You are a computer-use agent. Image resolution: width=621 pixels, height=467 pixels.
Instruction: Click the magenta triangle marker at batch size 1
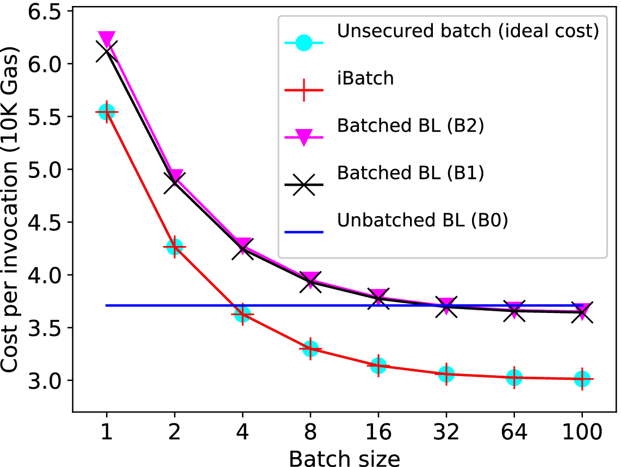[107, 39]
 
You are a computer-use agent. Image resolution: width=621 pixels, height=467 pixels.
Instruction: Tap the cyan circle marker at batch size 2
[175, 247]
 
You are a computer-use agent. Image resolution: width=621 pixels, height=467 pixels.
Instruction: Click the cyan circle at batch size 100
[582, 378]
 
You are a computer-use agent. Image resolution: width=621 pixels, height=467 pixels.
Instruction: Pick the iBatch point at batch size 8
[310, 348]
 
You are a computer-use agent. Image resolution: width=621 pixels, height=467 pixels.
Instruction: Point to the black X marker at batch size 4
[242, 250]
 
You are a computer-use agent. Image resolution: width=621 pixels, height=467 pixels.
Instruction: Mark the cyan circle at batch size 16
[378, 366]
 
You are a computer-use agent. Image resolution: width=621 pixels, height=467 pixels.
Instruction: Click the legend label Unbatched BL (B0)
[422, 221]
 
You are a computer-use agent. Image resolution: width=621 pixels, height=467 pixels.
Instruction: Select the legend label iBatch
[365, 78]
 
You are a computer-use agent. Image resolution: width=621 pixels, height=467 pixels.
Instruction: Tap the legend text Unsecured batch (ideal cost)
[468, 31]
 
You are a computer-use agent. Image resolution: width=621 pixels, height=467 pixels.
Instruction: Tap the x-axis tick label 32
[446, 433]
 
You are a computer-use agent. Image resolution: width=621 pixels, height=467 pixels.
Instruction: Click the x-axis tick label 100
[582, 433]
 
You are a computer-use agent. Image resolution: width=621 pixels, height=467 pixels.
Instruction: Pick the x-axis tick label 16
[378, 433]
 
